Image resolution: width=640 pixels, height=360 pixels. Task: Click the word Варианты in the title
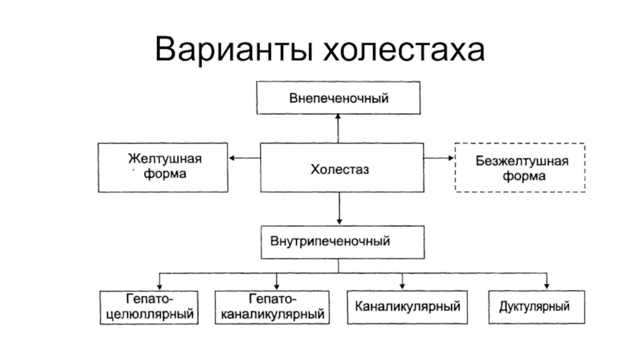point(234,50)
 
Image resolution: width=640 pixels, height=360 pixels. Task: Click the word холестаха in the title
point(404,50)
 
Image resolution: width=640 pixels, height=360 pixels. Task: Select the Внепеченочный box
point(338,98)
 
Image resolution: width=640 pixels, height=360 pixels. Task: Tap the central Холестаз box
point(342,168)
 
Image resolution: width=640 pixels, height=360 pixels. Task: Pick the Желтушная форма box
point(163,167)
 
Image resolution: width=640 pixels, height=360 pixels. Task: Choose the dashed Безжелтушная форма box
point(520,167)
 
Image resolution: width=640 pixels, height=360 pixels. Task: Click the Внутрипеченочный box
point(342,242)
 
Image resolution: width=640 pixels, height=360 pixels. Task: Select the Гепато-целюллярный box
point(149,307)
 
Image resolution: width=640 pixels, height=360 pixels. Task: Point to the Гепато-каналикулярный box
point(272,307)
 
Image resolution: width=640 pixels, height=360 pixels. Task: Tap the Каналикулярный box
point(407,307)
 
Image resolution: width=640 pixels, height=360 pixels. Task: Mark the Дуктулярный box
point(537,307)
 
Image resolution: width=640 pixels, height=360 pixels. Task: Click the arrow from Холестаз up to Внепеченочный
point(338,129)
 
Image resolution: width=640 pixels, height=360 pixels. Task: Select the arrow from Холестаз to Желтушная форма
point(245,158)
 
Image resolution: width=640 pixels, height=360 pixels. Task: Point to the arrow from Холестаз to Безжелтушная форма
point(439,158)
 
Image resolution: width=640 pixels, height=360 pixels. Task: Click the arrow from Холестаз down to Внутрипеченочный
point(339,209)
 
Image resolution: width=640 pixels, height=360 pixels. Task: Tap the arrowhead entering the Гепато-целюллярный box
point(159,287)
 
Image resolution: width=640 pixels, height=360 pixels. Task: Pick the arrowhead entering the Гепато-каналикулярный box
point(277,287)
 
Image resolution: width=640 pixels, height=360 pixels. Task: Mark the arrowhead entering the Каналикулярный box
point(402,287)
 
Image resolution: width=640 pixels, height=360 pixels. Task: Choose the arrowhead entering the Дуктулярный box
point(546,287)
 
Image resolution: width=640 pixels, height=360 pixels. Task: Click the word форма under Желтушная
point(165,174)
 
